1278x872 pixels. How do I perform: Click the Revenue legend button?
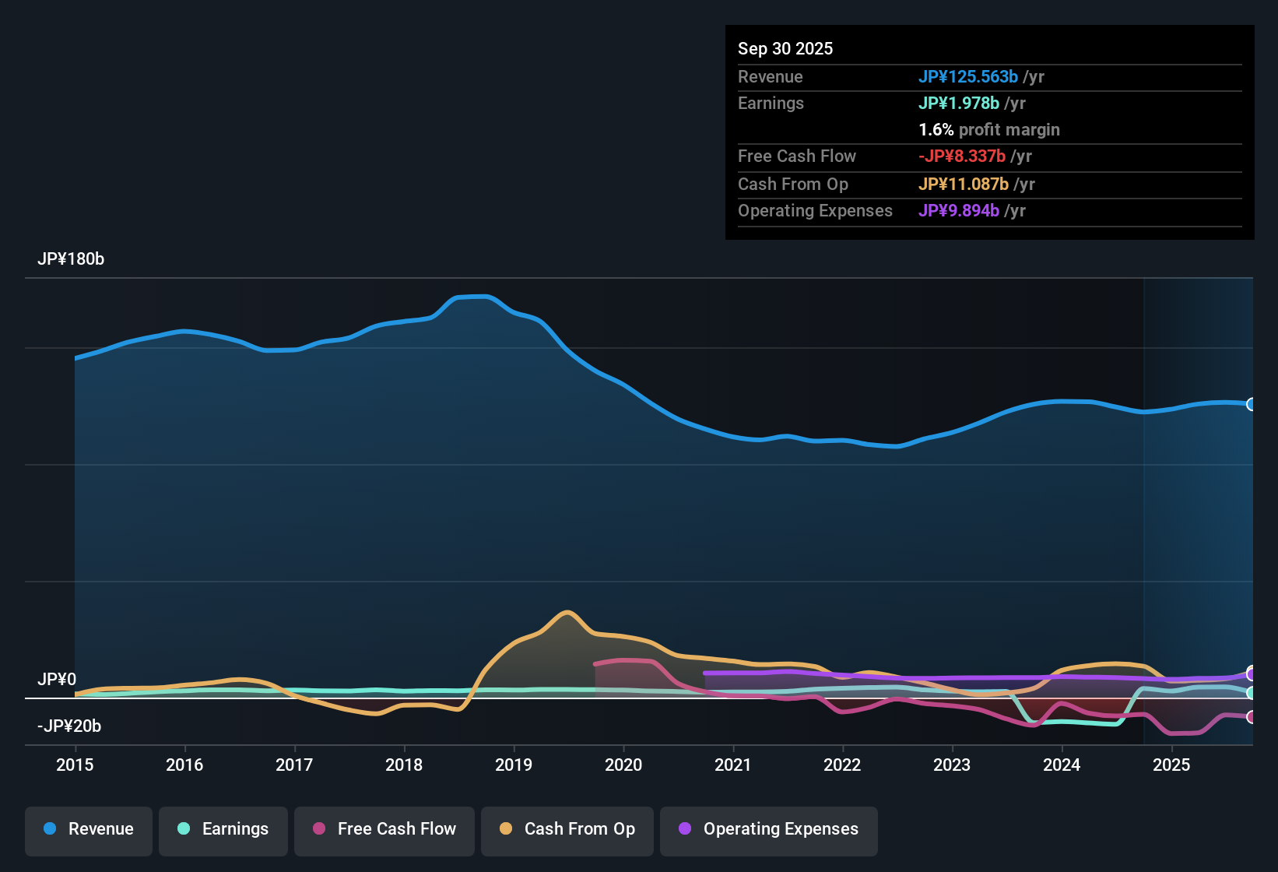(x=89, y=829)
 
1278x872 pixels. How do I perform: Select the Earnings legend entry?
(x=223, y=829)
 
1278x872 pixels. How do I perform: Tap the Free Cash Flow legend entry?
(x=384, y=829)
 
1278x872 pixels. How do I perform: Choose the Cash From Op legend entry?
(x=567, y=829)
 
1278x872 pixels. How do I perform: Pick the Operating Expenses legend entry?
(x=769, y=829)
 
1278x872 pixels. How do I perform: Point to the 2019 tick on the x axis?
(x=514, y=765)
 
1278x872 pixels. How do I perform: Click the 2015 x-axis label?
(x=75, y=765)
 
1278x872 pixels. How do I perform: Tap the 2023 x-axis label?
(x=952, y=765)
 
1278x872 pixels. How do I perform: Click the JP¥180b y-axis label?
(x=71, y=259)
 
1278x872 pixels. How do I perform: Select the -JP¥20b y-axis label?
(x=69, y=726)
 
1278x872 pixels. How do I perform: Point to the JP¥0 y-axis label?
(x=57, y=680)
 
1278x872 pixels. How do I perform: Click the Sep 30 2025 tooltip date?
(x=785, y=49)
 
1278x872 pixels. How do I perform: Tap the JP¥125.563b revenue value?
(x=968, y=76)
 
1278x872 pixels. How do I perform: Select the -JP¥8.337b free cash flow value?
(x=962, y=156)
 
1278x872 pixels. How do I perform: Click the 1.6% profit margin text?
(x=989, y=130)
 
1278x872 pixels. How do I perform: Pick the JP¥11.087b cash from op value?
(x=964, y=184)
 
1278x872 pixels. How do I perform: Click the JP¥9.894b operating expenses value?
(x=959, y=210)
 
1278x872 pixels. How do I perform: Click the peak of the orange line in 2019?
(x=567, y=612)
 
